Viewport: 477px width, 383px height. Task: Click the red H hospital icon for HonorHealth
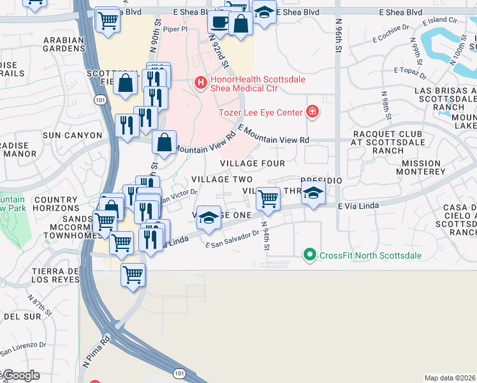pos(200,83)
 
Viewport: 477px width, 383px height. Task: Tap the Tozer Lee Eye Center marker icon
pos(312,112)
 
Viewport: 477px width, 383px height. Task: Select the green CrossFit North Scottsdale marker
pos(310,255)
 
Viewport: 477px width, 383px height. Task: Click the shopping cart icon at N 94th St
pos(268,199)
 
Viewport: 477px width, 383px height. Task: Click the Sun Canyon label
pos(72,135)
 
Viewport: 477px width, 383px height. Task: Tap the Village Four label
pos(253,163)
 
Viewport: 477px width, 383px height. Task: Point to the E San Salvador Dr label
pos(232,239)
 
